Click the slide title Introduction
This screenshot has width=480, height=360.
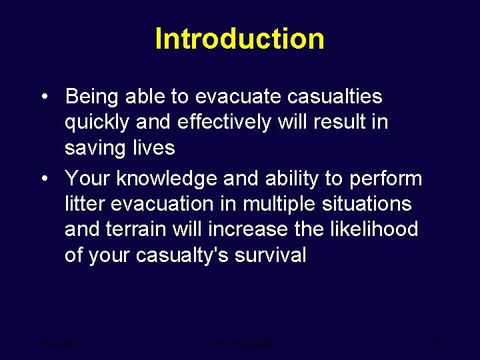239,39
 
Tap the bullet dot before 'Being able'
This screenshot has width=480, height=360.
43,97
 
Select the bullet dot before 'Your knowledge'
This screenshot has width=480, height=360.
43,179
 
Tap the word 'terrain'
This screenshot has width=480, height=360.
135,229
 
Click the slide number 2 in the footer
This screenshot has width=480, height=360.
437,344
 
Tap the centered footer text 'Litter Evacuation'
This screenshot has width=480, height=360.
240,344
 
